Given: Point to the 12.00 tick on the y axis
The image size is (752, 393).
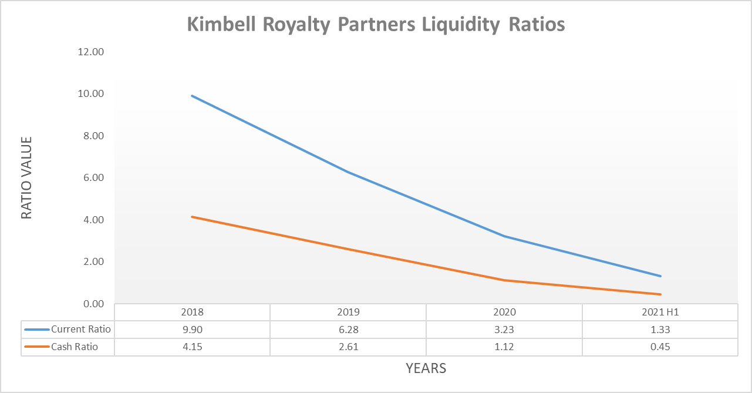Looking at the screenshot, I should point(91,52).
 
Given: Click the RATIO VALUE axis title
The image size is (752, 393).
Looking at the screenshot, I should point(26,178).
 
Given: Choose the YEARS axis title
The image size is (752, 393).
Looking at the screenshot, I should point(426,368).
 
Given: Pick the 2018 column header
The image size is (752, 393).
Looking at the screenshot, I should point(193,313).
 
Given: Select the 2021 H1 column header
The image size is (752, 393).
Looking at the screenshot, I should point(660,313).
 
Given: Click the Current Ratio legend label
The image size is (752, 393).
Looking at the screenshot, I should point(81,330).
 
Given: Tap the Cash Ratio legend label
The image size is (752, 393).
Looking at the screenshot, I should point(75,347).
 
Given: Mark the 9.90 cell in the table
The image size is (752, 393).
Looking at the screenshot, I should point(193,330).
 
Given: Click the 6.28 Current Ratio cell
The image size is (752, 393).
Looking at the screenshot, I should point(349,330).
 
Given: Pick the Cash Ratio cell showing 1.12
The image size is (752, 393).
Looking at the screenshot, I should point(505,347).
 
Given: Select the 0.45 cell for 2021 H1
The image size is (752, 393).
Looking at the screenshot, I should point(660,347).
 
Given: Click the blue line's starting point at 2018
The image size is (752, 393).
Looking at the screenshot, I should point(192,96).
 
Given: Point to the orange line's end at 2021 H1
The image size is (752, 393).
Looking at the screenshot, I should point(660,294).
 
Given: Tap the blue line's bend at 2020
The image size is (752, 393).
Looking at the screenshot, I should point(505,236).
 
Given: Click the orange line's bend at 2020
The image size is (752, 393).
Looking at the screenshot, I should point(505,280).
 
